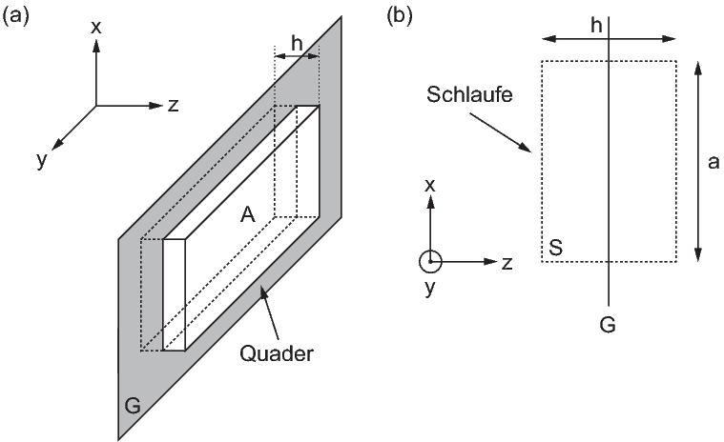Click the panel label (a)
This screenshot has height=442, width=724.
pos(15,16)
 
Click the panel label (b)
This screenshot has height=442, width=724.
pos(400,16)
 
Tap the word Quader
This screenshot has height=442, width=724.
pos(276,354)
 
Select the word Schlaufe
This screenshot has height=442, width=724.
pos(469,94)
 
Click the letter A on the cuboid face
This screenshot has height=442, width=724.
pos(247,214)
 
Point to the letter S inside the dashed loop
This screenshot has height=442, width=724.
pos(555,248)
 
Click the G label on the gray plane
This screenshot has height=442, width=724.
pos(133,406)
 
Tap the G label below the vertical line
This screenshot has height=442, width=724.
pos(608,325)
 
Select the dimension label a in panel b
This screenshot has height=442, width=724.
pos(713,163)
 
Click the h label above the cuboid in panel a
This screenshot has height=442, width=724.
pos(297,44)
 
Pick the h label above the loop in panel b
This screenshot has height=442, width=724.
pos(596,26)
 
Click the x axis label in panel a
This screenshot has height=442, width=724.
pos(96,28)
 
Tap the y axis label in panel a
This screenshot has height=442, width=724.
pos(42,161)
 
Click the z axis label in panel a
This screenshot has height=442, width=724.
pos(174,106)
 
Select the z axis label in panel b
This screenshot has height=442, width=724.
pos(507,263)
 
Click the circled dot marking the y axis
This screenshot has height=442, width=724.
pos(430,261)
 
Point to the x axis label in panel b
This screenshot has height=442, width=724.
pos(430,186)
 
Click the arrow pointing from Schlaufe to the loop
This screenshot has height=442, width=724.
pos(501,132)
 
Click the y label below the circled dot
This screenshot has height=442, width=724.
pos(430,289)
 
